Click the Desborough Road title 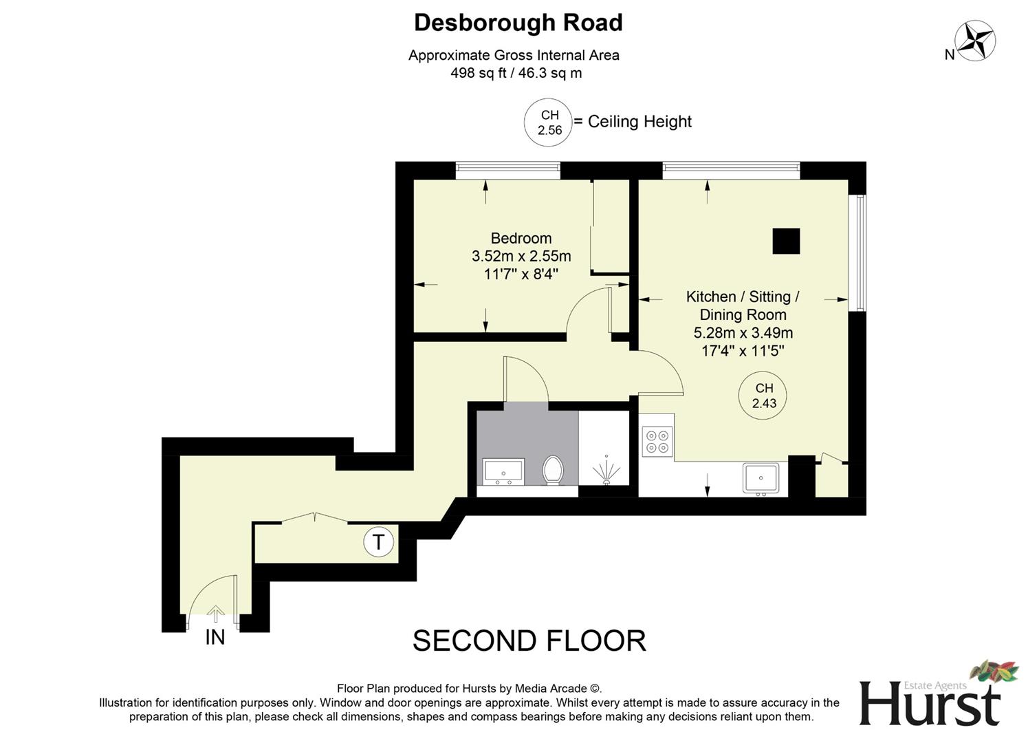coord(518,23)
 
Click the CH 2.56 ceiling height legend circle coord(549,122)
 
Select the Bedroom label coord(521,238)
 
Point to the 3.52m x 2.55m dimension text coord(521,257)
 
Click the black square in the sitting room coord(786,241)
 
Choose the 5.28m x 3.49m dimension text coord(743,333)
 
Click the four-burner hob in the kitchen coord(657,441)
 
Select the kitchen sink coord(761,478)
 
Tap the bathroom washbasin coord(503,471)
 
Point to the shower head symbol coord(606,471)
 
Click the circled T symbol coord(378,542)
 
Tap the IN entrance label coord(215,638)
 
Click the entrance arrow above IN coord(216,613)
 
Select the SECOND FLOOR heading coord(529,641)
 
